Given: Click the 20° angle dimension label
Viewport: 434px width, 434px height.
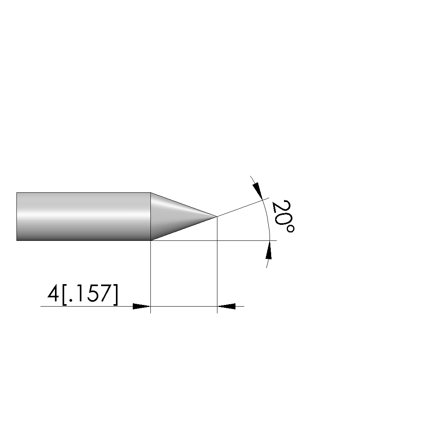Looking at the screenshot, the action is click(283, 216).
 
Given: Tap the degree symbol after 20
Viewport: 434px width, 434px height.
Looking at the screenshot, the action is click(290, 229).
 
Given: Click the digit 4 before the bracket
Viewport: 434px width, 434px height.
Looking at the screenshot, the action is click(53, 294).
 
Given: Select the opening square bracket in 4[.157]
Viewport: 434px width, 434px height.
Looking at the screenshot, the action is click(64, 295).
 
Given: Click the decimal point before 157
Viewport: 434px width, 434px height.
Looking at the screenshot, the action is click(70, 301).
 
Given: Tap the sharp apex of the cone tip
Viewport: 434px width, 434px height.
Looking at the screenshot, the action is click(217, 216).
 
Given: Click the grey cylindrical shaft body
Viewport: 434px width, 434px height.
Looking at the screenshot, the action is click(84, 216).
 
